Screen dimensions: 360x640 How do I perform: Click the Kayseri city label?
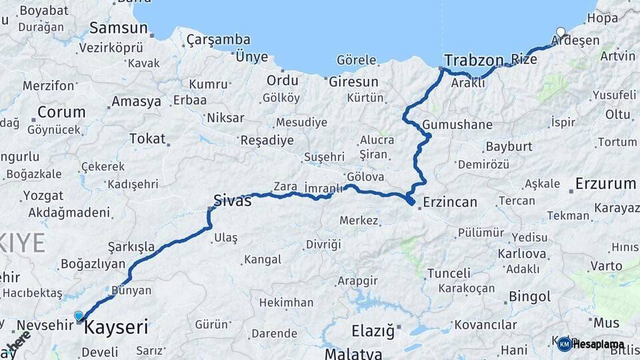click(x=116, y=327)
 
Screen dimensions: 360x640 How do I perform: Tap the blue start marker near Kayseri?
click(x=79, y=316)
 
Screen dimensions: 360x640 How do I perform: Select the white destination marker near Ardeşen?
click(x=561, y=32)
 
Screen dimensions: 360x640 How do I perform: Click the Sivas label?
click(x=233, y=200)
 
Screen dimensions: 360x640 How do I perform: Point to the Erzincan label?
click(x=451, y=201)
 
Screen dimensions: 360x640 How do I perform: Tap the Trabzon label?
click(x=473, y=60)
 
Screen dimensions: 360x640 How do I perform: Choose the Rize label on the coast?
click(x=523, y=60)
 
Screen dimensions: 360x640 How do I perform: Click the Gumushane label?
click(x=457, y=125)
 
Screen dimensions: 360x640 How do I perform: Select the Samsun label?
click(x=118, y=28)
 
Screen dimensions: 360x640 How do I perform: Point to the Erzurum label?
click(x=605, y=183)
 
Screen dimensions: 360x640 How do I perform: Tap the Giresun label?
click(x=353, y=82)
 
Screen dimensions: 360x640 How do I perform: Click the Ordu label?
click(x=282, y=80)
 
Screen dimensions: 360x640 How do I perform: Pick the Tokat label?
click(x=147, y=138)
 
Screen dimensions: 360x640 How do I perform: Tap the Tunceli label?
click(x=449, y=273)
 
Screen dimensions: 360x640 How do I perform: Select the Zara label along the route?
click(x=285, y=187)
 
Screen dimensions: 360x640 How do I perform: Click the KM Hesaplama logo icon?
click(x=564, y=344)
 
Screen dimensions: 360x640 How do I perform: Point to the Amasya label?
click(x=136, y=102)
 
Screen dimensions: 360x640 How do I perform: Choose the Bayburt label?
click(x=509, y=146)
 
